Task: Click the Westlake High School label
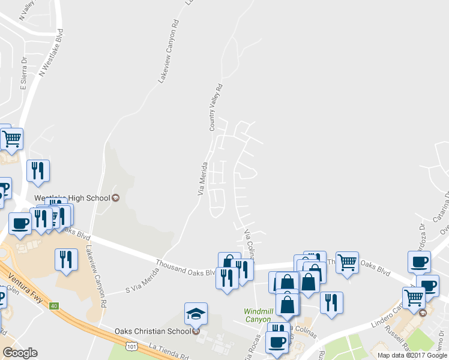72,198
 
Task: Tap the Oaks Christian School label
152,330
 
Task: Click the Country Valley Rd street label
215,107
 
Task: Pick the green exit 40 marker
54,306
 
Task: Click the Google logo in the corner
20,353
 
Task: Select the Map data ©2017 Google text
412,355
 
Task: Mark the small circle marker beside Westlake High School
116,198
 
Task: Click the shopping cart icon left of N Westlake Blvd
11,139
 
